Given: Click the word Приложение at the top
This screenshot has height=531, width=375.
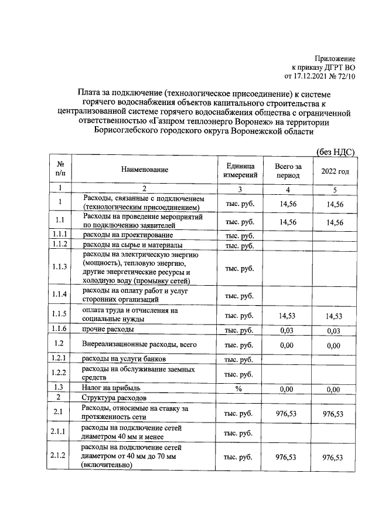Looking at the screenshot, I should (x=335, y=59).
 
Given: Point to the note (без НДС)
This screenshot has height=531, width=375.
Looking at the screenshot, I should (x=336, y=151).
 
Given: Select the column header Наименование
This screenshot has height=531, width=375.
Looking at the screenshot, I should (x=145, y=170).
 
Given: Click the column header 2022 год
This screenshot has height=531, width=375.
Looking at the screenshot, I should (x=335, y=171).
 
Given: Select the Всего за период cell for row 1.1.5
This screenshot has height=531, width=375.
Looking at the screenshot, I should (x=288, y=316).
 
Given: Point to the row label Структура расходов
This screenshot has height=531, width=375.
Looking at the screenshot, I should (x=111, y=398).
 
